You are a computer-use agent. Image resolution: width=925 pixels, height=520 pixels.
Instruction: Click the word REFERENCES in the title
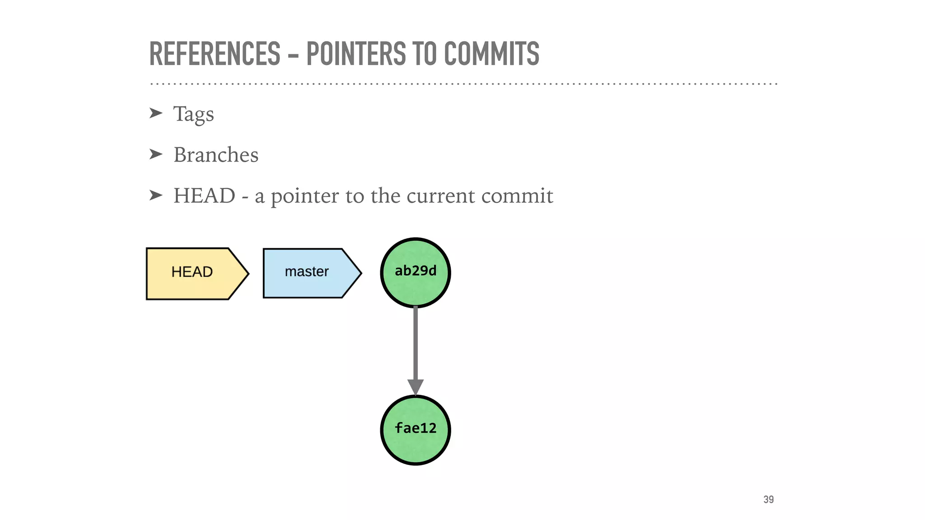[x=215, y=54]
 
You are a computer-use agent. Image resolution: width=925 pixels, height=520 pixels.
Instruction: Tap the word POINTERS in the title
[x=356, y=54]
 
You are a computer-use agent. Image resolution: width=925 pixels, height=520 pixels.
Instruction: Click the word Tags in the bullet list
[x=193, y=114]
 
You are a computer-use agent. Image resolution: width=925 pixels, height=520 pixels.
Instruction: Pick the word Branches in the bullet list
[x=216, y=155]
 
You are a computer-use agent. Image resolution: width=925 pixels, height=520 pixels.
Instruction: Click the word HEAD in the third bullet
[x=204, y=196]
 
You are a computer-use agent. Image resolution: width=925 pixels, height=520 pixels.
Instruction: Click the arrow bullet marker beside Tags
[x=155, y=113]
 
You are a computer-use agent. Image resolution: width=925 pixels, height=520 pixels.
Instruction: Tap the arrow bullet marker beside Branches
[x=155, y=154]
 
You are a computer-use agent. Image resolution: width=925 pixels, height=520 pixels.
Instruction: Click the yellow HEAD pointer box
[x=192, y=273]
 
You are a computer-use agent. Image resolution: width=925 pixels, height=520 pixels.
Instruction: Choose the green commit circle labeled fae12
[x=415, y=429]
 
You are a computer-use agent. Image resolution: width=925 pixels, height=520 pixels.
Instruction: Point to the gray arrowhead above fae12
[x=415, y=386]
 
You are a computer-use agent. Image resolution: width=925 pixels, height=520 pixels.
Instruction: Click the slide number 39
[x=768, y=499]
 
